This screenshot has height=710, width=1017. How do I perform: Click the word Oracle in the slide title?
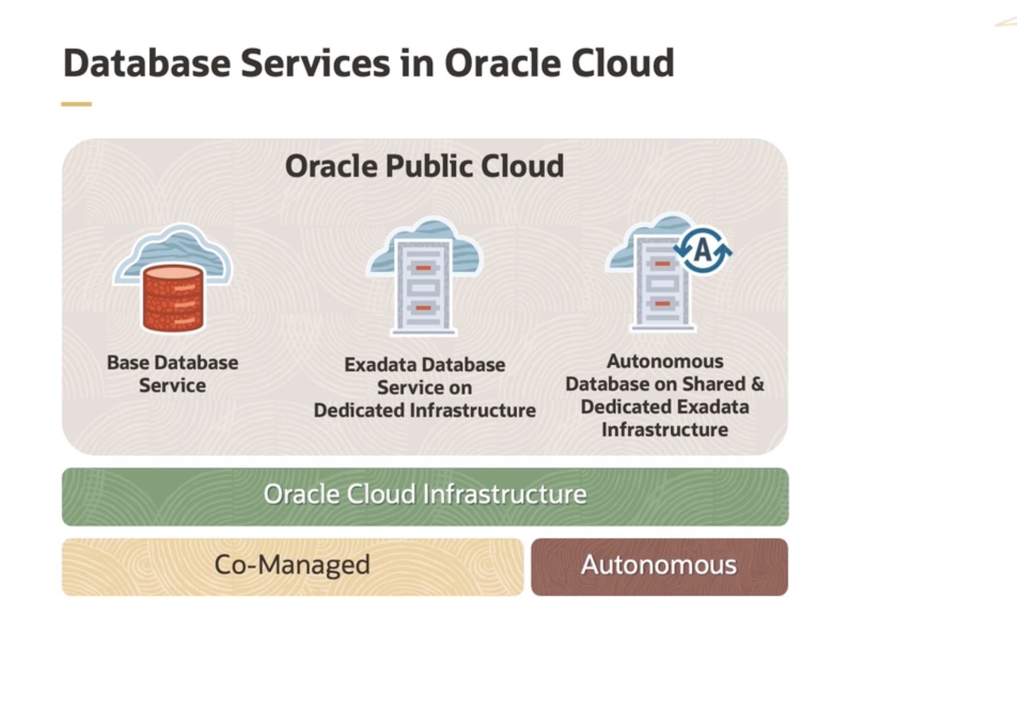(x=503, y=63)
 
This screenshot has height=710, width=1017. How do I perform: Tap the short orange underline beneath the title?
(x=76, y=104)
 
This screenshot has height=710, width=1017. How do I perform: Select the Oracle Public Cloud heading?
(x=424, y=166)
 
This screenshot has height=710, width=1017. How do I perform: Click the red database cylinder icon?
(x=173, y=299)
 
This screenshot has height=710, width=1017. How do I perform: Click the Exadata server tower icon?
(x=424, y=287)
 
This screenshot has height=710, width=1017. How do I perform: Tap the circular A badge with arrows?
(x=702, y=250)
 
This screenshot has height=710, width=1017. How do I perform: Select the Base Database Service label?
(x=172, y=373)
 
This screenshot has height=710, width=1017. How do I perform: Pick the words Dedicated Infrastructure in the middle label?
(x=425, y=410)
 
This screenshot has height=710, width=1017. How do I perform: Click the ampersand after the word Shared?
(x=758, y=384)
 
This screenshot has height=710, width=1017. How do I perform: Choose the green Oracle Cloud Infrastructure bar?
(x=425, y=496)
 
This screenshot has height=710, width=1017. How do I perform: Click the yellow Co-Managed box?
(x=292, y=566)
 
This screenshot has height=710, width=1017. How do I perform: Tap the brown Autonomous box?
(x=659, y=566)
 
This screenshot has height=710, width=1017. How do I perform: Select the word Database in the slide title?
(x=147, y=63)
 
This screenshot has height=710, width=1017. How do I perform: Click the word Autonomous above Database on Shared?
(x=665, y=361)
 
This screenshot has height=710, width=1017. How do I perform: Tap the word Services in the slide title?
(x=315, y=63)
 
